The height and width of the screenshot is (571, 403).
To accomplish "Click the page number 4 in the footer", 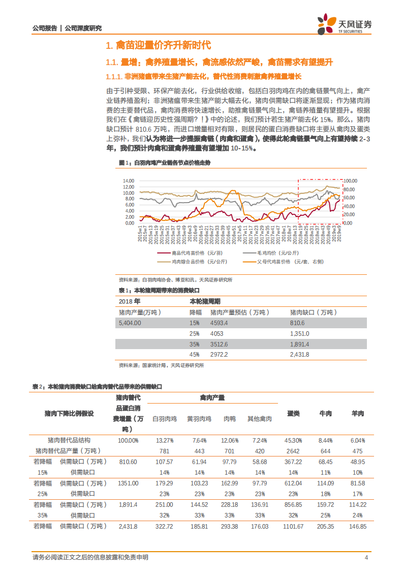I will pyautogui.click(x=366, y=557).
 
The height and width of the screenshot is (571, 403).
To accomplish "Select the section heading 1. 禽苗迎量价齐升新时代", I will pyautogui.click(x=158, y=46).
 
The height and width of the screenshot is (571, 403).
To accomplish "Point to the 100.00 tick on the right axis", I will pyautogui.click(x=351, y=181).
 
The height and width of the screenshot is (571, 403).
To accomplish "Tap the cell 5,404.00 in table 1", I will pyautogui.click(x=130, y=323).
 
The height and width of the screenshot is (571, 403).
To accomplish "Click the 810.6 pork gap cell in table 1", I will pyautogui.click(x=297, y=323).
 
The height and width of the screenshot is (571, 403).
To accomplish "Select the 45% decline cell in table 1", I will pyautogui.click(x=195, y=354).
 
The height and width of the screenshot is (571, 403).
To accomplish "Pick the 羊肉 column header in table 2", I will pyautogui.click(x=358, y=414).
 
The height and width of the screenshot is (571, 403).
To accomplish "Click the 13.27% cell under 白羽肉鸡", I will pyautogui.click(x=165, y=440).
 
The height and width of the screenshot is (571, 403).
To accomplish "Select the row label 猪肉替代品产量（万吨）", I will pyautogui.click(x=68, y=451).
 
